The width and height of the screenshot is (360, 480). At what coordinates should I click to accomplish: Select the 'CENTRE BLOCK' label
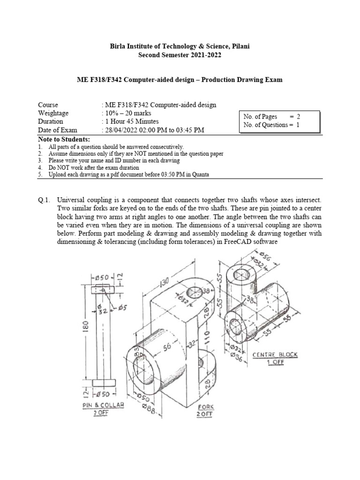pos(275,355)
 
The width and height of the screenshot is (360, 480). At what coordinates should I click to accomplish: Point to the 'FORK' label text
pos(205,407)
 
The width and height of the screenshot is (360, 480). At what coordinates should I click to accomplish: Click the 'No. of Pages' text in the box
pos(260,117)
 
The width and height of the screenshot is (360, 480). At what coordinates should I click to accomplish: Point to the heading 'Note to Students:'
pos(63,140)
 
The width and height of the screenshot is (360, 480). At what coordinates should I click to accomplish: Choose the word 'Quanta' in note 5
pos(199,174)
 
